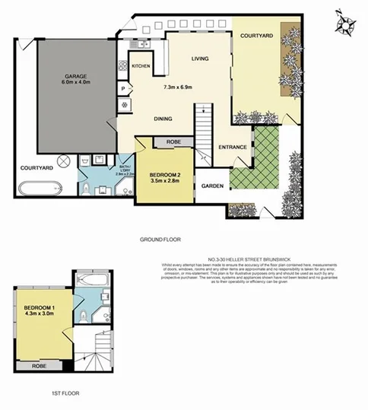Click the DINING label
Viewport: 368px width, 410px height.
pyautogui.click(x=163, y=119)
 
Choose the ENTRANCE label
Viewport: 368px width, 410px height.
pyautogui.click(x=233, y=147)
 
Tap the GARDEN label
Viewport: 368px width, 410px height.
pyautogui.click(x=213, y=186)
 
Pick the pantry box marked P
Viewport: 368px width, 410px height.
pyautogui.click(x=123, y=89)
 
